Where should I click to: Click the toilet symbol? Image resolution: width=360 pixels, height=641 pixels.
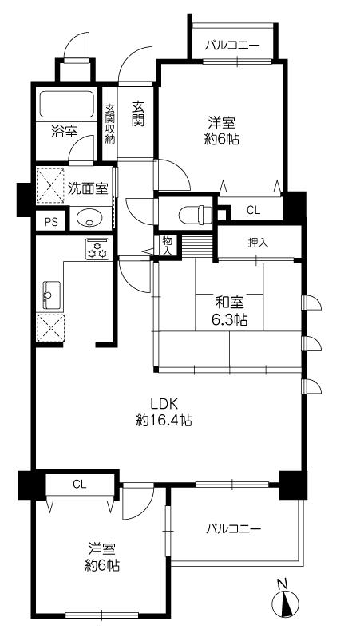(x=192, y=214)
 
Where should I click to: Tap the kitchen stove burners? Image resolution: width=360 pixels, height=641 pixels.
(x=98, y=249)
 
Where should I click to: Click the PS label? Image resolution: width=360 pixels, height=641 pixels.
(x=51, y=222)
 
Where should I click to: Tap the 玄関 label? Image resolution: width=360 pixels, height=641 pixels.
(x=138, y=113)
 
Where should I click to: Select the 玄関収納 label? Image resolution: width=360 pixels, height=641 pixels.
(x=111, y=124)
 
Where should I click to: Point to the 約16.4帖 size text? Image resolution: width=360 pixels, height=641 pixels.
(x=164, y=420)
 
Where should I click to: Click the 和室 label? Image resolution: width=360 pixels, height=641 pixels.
(x=230, y=303)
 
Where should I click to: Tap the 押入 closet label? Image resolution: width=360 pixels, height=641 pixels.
(x=257, y=243)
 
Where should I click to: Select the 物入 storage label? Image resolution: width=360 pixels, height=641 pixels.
(x=167, y=244)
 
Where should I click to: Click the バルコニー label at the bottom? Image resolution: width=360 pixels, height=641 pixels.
(x=233, y=528)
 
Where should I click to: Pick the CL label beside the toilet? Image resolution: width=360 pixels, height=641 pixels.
(x=253, y=211)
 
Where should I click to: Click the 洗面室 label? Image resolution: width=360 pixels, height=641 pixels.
(x=88, y=189)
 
